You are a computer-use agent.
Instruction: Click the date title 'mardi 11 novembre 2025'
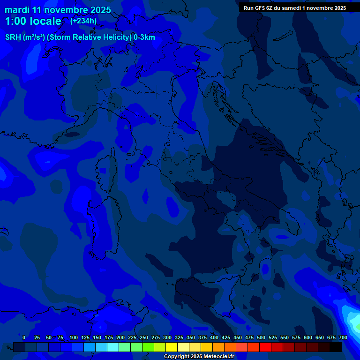coord(58,10)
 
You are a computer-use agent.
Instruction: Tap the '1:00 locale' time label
coord(33,21)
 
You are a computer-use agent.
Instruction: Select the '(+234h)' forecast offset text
coord(83,21)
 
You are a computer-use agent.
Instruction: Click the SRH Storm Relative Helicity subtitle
coord(80,37)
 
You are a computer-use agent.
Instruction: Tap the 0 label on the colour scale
coord(23,337)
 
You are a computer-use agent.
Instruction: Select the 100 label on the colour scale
coord(74,337)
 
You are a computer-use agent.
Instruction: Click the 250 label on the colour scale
coord(144,337)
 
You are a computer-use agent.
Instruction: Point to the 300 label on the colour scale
coord(167,337)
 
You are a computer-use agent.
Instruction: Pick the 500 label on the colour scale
coord(261,337)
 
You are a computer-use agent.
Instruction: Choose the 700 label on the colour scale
coord(343,337)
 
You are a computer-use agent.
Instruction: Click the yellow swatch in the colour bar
coord(172,347)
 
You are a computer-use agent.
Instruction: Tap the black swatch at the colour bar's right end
coord(336,347)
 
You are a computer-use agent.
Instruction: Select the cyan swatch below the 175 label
coord(113,347)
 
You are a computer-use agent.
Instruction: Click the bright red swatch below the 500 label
coord(265,347)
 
